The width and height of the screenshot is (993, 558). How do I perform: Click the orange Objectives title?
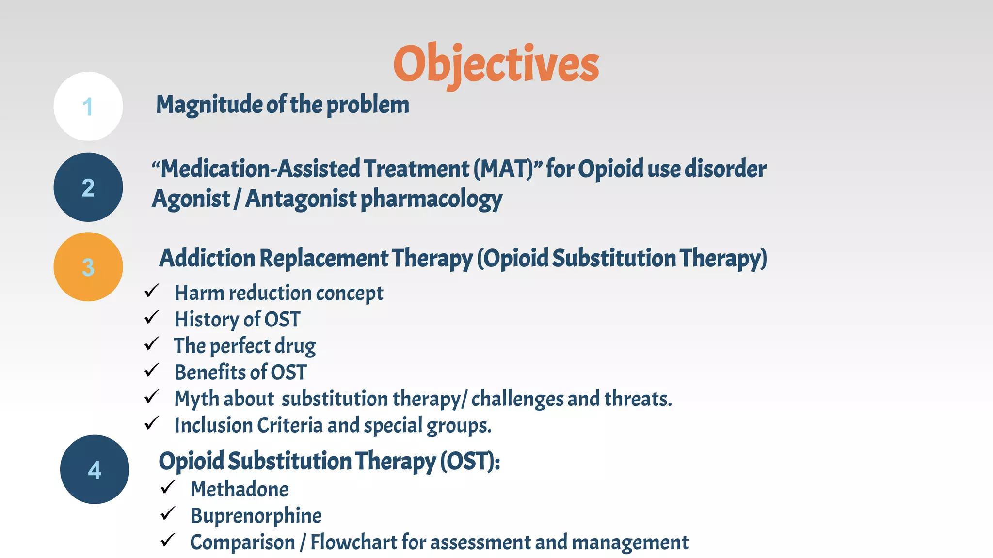[496, 64]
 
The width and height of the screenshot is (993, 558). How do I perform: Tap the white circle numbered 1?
[88, 107]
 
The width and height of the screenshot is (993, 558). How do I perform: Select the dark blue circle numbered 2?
[88, 187]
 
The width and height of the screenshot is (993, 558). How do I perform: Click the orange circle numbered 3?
[88, 267]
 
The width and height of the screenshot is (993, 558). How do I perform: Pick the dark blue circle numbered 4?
[95, 469]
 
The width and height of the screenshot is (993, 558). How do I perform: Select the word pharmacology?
[432, 200]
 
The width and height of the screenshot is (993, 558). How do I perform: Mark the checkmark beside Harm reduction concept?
[152, 291]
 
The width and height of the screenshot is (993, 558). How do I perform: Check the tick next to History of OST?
[152, 318]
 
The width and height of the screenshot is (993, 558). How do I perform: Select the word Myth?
[196, 399]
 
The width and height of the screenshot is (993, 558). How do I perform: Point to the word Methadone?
[240, 489]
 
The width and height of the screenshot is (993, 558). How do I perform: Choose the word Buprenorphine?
[256, 516]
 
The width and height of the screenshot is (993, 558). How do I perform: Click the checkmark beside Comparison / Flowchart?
[168, 540]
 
